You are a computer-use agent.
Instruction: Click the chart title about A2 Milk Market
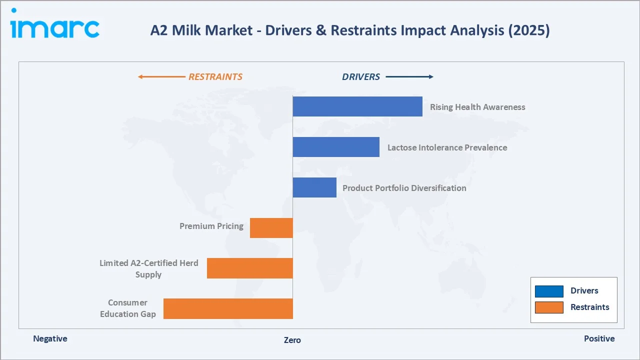349,30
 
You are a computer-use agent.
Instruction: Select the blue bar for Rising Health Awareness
357,106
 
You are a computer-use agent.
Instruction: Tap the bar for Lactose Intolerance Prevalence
336,147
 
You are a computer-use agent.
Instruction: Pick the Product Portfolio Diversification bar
314,187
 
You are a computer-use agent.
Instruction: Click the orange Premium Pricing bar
271,228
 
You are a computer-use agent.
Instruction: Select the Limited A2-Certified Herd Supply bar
249,268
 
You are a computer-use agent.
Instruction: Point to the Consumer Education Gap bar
228,308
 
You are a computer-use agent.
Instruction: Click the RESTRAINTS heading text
215,77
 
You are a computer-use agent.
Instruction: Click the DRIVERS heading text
361,77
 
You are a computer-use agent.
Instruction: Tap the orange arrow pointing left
161,77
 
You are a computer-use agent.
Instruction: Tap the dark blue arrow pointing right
409,77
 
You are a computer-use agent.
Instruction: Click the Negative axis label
50,338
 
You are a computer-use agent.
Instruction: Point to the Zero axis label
292,340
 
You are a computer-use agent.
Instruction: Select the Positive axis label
599,338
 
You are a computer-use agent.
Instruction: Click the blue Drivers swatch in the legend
549,291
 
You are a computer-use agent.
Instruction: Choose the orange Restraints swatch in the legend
549,307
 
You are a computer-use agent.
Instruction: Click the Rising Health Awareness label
477,107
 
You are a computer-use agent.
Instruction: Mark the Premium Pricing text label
211,226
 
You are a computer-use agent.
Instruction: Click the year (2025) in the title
528,30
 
